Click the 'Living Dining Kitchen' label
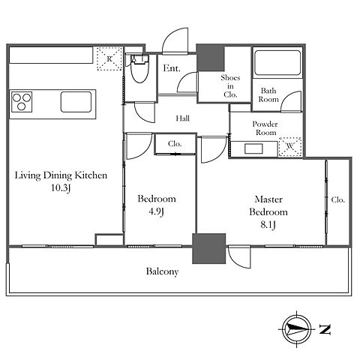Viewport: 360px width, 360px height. click(x=61, y=175)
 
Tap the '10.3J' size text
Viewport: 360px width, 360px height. click(x=61, y=187)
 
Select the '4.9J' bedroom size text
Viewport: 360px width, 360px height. click(x=157, y=211)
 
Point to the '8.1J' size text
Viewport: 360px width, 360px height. click(x=268, y=225)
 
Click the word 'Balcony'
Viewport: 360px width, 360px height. click(x=162, y=271)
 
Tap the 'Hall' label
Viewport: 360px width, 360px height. click(x=182, y=118)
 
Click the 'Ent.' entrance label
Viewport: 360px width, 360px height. click(x=172, y=68)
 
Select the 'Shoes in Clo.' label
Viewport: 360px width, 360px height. click(x=230, y=86)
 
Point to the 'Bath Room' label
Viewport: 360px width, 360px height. click(x=268, y=94)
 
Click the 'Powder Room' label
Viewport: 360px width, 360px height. click(x=265, y=128)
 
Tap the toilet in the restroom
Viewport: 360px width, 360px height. click(x=139, y=68)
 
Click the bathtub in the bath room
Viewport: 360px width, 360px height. click(x=277, y=62)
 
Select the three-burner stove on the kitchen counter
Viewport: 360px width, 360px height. click(x=22, y=102)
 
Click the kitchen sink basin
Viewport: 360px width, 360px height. click(x=76, y=102)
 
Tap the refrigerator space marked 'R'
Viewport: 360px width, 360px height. click(x=109, y=58)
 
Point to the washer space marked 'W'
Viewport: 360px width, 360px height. click(x=290, y=146)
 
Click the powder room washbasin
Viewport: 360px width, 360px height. click(x=253, y=148)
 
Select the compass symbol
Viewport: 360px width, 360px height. click(x=296, y=329)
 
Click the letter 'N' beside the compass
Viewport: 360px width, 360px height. click(x=325, y=329)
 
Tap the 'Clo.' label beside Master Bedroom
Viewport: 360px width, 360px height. click(x=338, y=199)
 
